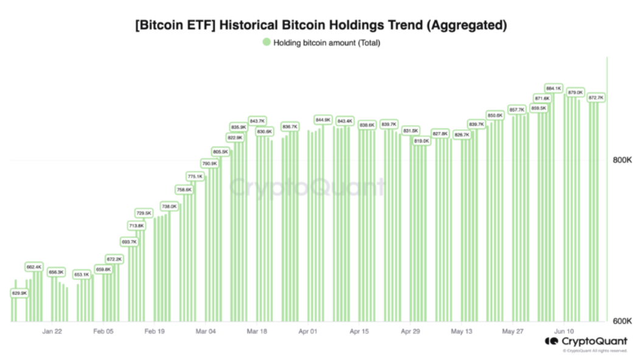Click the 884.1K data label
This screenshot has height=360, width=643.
[554, 88]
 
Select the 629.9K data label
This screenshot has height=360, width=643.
[19, 293]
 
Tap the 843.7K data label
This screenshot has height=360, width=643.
[257, 120]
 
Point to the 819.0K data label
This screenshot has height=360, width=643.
[421, 141]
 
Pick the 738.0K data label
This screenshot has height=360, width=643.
[169, 207]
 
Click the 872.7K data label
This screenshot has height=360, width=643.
[596, 97]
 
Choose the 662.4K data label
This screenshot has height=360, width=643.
[34, 267]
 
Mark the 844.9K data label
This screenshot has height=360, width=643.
[323, 120]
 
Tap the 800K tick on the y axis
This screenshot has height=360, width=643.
[622, 161]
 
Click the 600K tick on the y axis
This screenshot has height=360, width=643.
[622, 321]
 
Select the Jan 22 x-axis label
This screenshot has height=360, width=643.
[52, 332]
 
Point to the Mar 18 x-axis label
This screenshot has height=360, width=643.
[257, 332]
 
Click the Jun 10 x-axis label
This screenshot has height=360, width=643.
[564, 332]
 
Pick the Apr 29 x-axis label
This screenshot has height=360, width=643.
[411, 332]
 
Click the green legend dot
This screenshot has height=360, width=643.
[266, 43]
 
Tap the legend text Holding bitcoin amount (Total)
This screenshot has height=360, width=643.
[327, 43]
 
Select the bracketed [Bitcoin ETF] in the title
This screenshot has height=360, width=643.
[172, 26]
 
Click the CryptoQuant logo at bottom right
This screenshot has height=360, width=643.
[586, 342]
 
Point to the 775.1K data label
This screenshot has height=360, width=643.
[195, 176]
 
